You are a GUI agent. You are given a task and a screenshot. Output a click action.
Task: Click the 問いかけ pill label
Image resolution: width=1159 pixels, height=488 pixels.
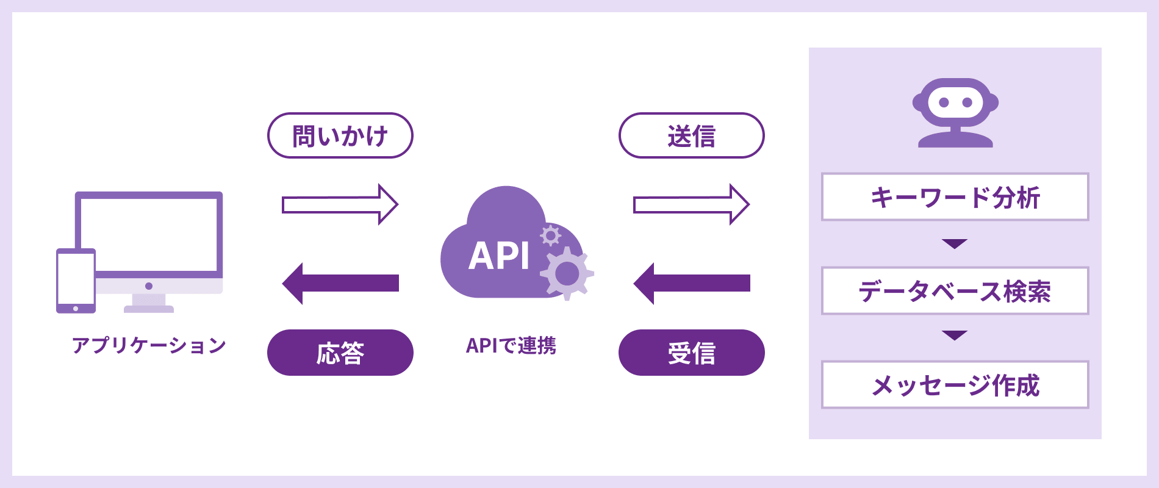point(340,135)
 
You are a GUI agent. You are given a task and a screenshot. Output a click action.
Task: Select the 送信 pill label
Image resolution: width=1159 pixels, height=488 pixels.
point(691,135)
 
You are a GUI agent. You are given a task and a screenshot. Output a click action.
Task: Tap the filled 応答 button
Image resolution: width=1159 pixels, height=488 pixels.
point(340,353)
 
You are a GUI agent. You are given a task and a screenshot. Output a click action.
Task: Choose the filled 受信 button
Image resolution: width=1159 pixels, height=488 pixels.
point(691,353)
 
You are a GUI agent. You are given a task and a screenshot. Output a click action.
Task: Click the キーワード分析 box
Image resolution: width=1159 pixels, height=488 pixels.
point(955,197)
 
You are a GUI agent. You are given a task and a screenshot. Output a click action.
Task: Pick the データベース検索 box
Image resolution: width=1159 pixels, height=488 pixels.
point(955,291)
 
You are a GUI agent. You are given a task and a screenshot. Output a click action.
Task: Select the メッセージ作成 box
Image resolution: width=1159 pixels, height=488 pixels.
point(955,385)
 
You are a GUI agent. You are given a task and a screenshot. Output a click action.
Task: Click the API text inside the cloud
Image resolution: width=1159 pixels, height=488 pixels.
point(499,256)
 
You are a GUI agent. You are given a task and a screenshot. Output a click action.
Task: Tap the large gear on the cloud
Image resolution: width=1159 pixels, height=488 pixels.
point(567,273)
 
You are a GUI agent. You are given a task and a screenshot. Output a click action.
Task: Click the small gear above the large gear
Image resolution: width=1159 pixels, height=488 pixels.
point(550,235)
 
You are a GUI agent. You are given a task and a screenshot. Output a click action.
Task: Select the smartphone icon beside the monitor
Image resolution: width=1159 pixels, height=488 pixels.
point(76,281)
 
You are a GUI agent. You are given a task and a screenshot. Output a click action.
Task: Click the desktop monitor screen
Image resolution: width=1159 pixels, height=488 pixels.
point(149,235)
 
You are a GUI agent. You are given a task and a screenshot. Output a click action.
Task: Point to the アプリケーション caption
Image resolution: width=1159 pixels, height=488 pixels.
point(149,345)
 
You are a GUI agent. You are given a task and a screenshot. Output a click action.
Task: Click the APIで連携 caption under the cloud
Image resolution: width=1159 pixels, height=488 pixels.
point(511,345)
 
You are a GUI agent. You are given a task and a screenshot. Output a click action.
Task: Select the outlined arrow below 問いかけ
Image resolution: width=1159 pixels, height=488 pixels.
point(340,204)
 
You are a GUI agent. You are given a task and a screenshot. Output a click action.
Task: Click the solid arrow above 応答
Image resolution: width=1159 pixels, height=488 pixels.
point(340,283)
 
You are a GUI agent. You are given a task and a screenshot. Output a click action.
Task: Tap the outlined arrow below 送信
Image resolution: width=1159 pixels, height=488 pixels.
point(691,204)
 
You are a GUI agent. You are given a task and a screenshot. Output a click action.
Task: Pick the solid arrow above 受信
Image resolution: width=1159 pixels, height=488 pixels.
point(691,283)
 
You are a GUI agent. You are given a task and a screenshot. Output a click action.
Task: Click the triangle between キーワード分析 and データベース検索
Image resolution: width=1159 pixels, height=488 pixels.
point(955,243)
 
